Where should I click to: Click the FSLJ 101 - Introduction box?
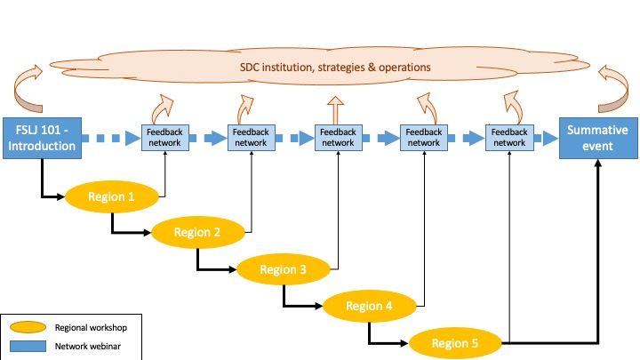pyautogui.click(x=42, y=138)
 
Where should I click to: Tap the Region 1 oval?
pyautogui.click(x=113, y=196)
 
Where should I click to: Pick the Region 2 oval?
pyautogui.click(x=197, y=233)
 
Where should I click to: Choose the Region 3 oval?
pyautogui.click(x=284, y=269)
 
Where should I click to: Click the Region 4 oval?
pyautogui.click(x=370, y=307)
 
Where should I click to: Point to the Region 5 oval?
pyautogui.click(x=456, y=342)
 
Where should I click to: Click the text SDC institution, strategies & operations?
pyautogui.click(x=335, y=67)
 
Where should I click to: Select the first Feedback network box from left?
pyautogui.click(x=165, y=138)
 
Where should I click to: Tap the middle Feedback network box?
pyautogui.click(x=337, y=138)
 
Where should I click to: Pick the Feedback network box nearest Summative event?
pyautogui.click(x=509, y=138)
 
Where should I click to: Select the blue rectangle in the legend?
pyautogui.click(x=26, y=344)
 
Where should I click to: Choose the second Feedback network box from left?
pyautogui.click(x=251, y=138)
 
